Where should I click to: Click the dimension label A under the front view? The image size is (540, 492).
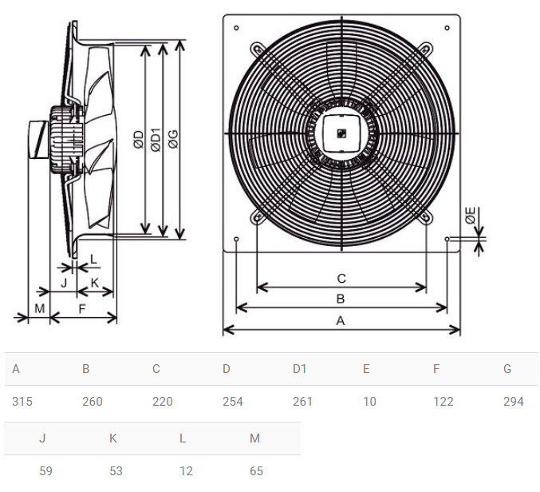tap(341, 320)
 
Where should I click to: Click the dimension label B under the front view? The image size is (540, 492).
tap(341, 299)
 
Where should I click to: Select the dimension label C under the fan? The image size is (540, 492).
tap(341, 278)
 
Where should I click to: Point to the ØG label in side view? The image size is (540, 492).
tap(172, 140)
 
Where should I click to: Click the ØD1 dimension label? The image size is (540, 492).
tap(156, 140)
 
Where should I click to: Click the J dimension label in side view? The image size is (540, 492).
tap(64, 283)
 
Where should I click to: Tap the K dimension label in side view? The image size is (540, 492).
tap(94, 283)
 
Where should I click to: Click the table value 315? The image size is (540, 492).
tap(22, 402)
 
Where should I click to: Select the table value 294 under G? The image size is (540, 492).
tap(513, 402)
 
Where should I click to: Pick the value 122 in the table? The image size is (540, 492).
tap(443, 402)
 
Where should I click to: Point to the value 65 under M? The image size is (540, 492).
tap(256, 471)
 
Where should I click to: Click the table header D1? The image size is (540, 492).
tap(299, 368)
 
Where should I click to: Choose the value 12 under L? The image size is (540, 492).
tap(186, 471)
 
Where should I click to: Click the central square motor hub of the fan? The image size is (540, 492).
tap(341, 133)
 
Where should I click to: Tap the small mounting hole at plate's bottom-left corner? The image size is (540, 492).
tap(237, 239)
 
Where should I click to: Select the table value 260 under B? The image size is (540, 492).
tap(93, 402)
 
